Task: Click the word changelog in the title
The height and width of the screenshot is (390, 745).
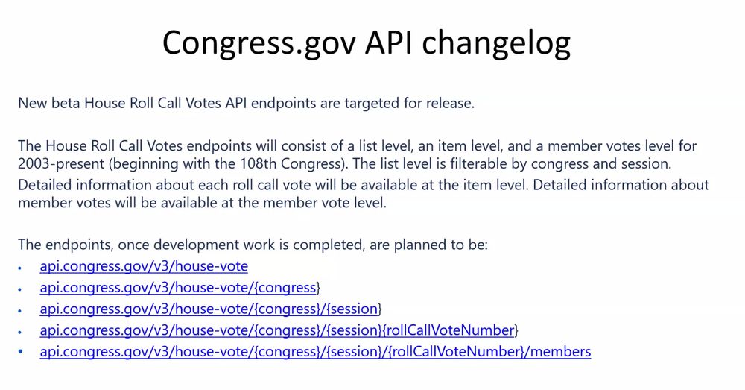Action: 496,43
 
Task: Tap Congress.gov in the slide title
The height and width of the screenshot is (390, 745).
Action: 259,43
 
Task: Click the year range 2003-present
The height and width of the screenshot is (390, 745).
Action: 61,163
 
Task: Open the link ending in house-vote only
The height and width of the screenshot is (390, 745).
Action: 144,266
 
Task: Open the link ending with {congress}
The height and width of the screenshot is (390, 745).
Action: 180,288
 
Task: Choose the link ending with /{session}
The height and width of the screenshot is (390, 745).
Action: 211,309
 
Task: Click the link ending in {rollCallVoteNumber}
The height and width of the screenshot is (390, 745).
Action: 279,330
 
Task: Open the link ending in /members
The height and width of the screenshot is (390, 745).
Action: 315,352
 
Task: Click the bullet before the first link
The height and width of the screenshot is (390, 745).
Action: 20,268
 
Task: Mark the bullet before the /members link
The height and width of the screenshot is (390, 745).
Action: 20,352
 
